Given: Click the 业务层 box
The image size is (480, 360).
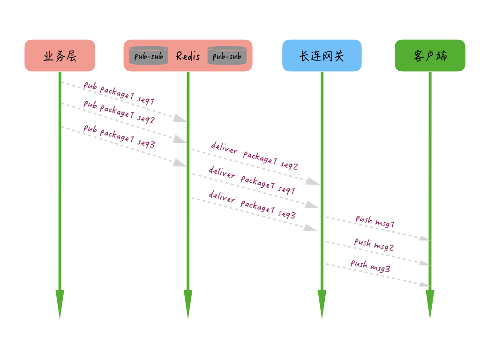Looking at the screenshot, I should [x=60, y=56].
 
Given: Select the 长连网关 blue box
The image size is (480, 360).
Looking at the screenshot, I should [x=322, y=56].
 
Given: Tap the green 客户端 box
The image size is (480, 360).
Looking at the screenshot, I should [x=430, y=56].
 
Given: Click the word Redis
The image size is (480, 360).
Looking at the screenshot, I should [x=188, y=56].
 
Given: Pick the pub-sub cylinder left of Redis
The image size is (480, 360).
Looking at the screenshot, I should [x=149, y=56].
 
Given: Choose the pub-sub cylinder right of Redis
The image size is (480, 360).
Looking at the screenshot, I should [x=227, y=56].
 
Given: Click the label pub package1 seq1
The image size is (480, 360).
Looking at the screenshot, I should [x=119, y=93].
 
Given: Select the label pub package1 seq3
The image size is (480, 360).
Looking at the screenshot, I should [x=119, y=136].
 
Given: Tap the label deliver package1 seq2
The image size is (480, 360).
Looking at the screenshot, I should [x=254, y=156].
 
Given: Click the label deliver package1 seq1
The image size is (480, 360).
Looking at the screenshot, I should [x=252, y=180].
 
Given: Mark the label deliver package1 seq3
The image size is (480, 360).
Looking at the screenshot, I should [x=252, y=205].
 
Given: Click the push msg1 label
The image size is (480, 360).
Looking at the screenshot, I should [x=375, y=221].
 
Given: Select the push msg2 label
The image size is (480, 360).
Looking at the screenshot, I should [x=374, y=245].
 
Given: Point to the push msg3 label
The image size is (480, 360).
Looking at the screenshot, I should [x=370, y=266].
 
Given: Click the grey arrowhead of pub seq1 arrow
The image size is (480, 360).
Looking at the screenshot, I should [x=180, y=119].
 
